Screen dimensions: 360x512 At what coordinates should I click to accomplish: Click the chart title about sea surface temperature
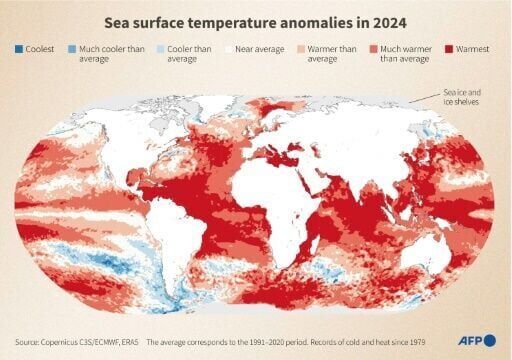point(255,21)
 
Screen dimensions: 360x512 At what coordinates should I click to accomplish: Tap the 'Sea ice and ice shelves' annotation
point(467,97)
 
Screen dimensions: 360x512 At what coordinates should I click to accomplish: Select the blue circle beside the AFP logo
point(489,340)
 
